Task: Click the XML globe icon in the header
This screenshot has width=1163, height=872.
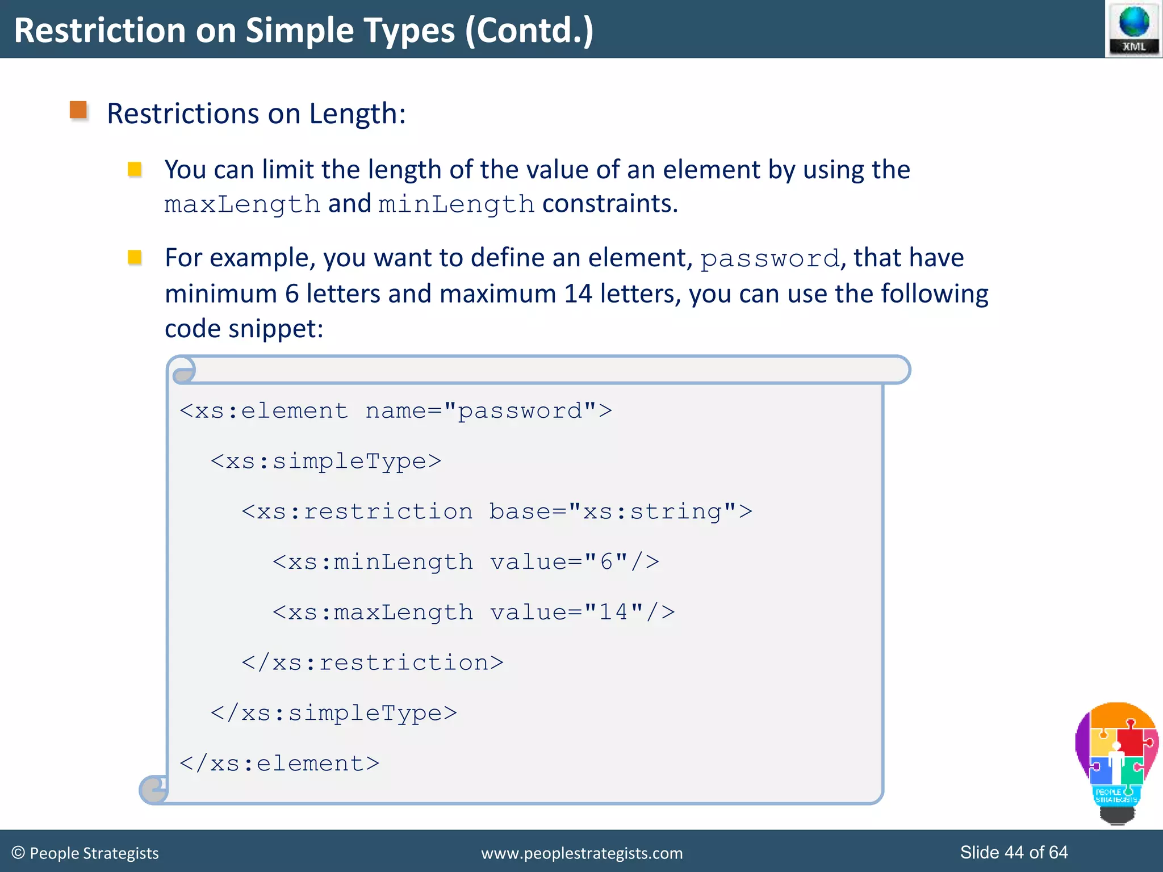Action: (1133, 28)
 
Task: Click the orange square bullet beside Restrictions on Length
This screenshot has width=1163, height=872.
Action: (78, 110)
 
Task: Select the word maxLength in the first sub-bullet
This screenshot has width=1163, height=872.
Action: (242, 204)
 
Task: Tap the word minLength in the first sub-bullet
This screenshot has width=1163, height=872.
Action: (457, 204)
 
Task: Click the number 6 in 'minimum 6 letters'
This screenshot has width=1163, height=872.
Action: (292, 294)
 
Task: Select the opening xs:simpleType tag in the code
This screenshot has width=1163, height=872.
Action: (326, 461)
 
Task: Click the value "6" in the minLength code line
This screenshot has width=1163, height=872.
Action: (606, 561)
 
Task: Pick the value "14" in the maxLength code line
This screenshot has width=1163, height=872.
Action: (613, 612)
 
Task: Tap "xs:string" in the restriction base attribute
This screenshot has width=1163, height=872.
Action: (652, 512)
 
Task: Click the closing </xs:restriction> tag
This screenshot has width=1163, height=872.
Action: (373, 663)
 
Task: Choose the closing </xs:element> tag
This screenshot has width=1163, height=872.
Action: (279, 764)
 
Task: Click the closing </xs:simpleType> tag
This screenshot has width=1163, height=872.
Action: (334, 713)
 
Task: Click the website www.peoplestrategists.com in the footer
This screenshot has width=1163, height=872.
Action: (581, 853)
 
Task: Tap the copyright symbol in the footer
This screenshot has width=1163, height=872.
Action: (18, 853)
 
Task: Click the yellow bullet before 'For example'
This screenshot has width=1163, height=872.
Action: (135, 258)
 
